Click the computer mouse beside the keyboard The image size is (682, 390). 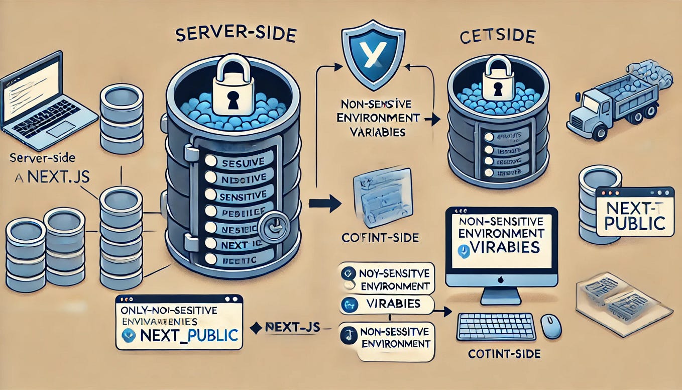tap(550, 326)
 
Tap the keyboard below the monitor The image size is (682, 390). tap(496, 327)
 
